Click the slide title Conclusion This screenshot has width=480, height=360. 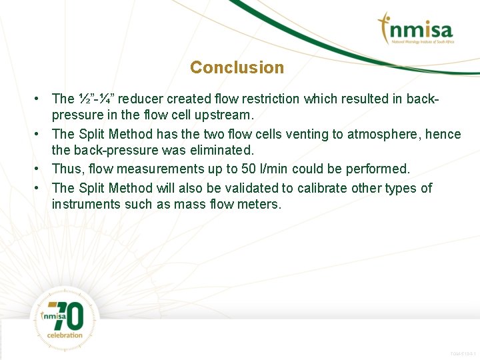tap(237, 67)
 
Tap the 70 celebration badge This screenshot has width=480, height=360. tap(65, 318)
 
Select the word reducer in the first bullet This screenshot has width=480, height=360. tap(140, 99)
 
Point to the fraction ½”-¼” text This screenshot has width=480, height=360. tap(95, 99)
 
